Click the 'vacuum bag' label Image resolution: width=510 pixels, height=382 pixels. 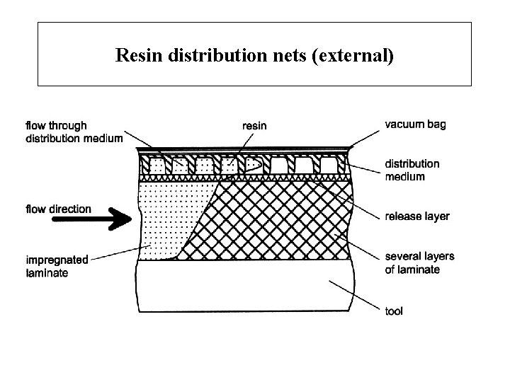pos(415,124)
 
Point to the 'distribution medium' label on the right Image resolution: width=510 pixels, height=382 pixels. pos(412,170)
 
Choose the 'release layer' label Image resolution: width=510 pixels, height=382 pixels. pos(417,216)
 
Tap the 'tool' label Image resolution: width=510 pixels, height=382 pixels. pos(393,311)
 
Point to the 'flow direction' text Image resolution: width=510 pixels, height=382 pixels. pos(59,209)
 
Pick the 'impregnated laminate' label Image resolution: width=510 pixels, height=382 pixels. pos(57,266)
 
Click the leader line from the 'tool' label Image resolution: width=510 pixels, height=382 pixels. pos(355,296)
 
